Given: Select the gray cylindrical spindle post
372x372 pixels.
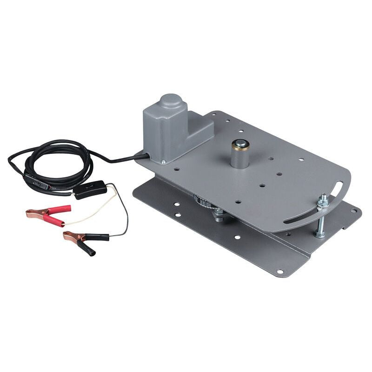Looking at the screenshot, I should coord(241,158).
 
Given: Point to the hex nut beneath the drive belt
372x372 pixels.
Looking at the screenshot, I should coord(218,214).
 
